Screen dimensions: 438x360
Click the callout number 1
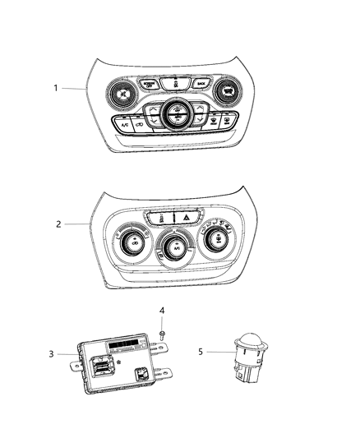point(57,88)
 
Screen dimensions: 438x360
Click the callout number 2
point(57,223)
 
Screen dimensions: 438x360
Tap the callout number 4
point(162,311)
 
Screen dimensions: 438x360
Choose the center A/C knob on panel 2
point(175,245)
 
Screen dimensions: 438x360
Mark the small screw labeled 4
point(162,332)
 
